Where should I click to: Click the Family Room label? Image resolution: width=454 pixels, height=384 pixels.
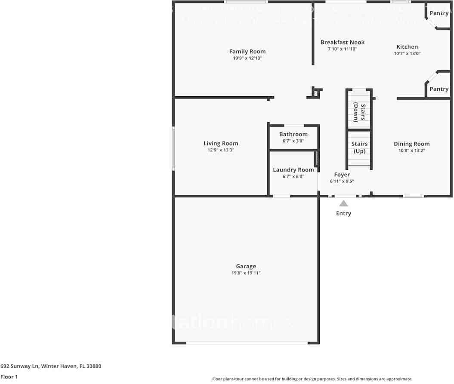point(247,52)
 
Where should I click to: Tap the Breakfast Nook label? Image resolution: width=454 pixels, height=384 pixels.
point(343,42)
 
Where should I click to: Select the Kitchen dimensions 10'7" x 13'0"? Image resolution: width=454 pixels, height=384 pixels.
point(407,54)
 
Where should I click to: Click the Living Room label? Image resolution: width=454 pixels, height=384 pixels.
point(220,144)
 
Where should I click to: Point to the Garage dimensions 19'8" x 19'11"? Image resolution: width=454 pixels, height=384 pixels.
point(246,273)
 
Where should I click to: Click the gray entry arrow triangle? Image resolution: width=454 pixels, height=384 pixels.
point(343,203)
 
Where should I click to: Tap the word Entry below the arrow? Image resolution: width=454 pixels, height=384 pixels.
point(343,213)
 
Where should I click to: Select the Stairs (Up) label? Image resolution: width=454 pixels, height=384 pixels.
point(359,147)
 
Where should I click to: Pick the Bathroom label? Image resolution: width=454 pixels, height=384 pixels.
point(293,134)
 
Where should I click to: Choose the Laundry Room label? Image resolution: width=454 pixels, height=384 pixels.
point(293,170)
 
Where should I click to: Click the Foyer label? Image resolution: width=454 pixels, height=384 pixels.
point(342,175)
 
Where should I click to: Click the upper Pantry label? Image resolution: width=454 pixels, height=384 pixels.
point(439,13)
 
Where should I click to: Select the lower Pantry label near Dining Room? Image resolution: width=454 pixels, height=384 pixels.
point(439,89)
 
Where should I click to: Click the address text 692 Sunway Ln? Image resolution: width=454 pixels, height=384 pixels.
point(51,366)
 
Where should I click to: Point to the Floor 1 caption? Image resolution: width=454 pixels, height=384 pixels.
point(9,377)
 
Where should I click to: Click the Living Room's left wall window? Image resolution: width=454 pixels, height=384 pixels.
point(173,147)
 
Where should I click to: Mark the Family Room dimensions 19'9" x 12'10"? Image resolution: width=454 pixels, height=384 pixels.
point(247,58)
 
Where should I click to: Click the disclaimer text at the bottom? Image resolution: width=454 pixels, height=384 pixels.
point(312,379)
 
